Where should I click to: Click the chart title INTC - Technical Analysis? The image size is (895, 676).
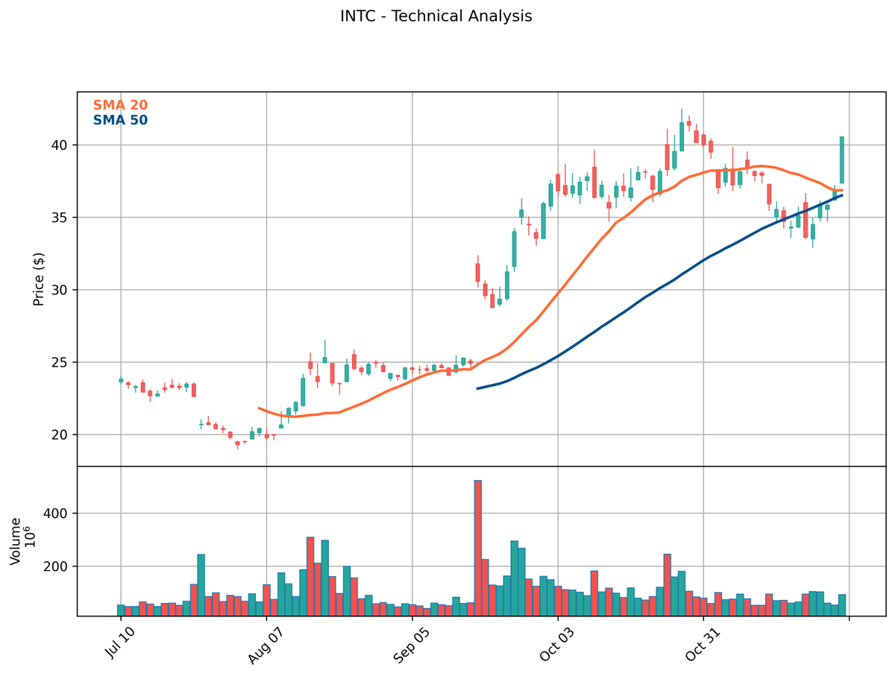coord(436,16)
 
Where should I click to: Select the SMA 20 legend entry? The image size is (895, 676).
coord(120,106)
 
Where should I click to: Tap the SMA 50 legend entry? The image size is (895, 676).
coord(120,120)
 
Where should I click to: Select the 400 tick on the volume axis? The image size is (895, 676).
coord(60,514)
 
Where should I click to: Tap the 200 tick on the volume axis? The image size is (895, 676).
coord(60,567)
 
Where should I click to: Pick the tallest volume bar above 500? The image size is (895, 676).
coord(478,548)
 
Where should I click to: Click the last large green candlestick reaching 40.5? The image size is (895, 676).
coord(842,159)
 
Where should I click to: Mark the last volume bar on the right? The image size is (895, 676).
coord(842,605)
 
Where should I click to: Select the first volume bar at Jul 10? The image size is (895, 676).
coord(121,610)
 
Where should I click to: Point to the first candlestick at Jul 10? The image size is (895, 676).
coord(121,380)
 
